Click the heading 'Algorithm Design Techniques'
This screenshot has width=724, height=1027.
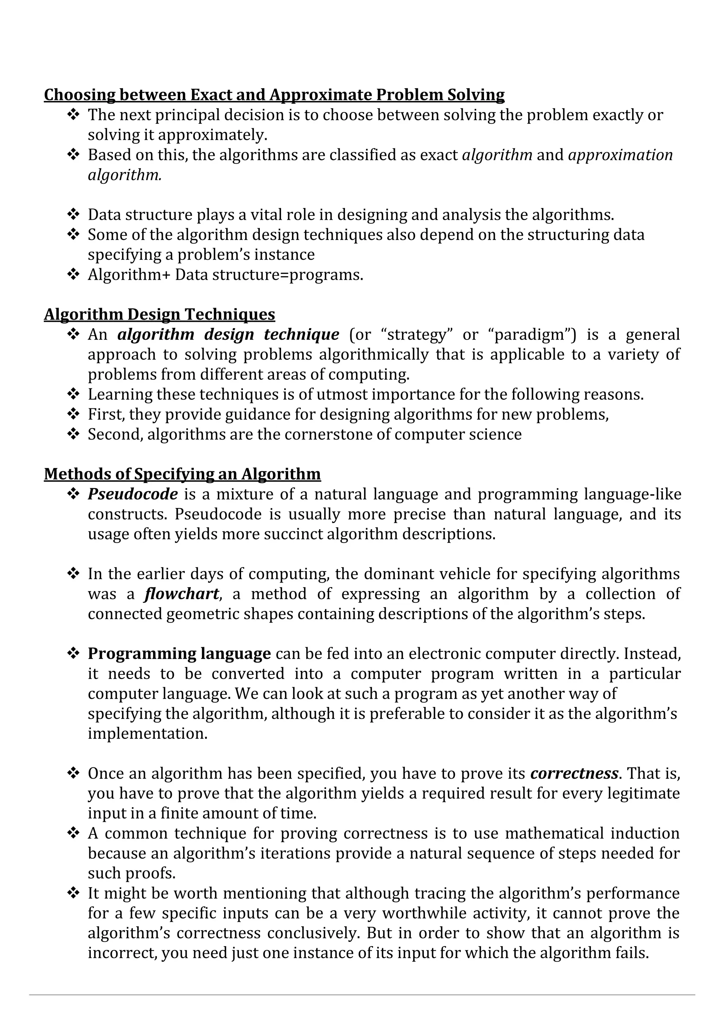[x=159, y=314]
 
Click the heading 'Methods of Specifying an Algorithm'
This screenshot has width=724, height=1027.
[x=182, y=474]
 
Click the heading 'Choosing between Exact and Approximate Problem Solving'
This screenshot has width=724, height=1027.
[x=274, y=95]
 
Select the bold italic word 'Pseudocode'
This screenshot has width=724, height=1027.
[x=133, y=494]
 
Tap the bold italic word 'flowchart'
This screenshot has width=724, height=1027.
[x=182, y=594]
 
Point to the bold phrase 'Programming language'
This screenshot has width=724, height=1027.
[x=179, y=654]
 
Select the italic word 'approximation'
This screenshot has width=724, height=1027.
[x=620, y=155]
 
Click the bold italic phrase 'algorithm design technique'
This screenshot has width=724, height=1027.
[x=228, y=334]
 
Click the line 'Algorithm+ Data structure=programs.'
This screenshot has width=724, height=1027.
[x=225, y=274]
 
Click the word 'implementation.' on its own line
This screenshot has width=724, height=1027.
[x=148, y=733]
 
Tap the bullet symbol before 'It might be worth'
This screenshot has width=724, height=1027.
[x=73, y=893]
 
